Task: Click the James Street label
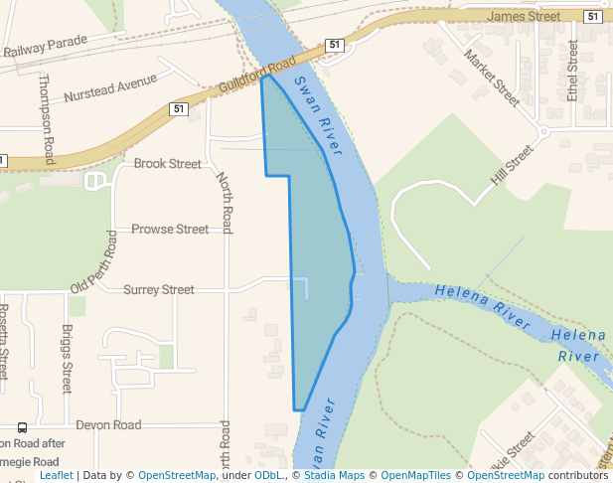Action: pos(525,16)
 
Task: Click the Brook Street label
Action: pos(167,164)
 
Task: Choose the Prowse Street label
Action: pos(170,229)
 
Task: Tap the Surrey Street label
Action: pos(159,289)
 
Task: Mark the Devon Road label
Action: pos(108,424)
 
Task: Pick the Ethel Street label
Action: pos(571,75)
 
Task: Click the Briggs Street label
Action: pos(67,359)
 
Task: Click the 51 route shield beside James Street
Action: pos(593,16)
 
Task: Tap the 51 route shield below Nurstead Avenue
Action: pos(179,109)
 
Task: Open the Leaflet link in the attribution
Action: pos(57,475)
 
